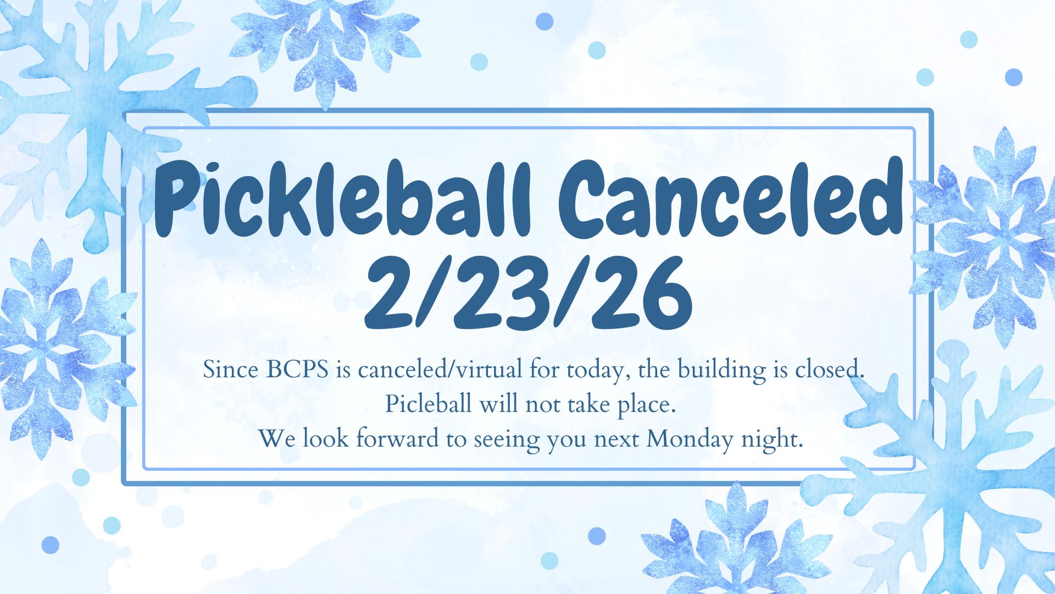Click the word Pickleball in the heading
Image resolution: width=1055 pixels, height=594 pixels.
tap(342, 200)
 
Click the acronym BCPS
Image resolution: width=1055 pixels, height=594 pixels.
tap(297, 370)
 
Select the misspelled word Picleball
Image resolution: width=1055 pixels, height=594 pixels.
tap(428, 404)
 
